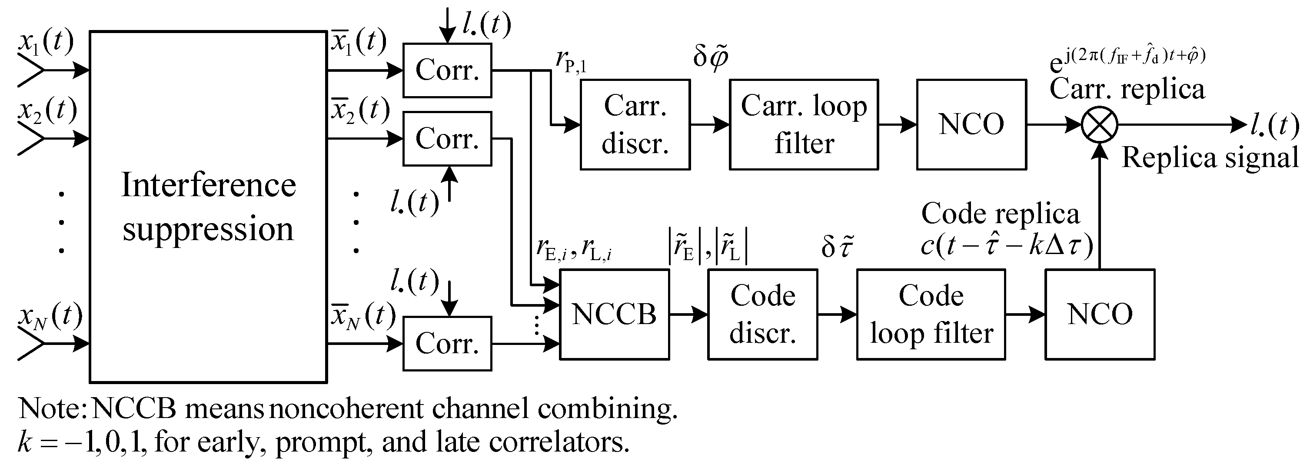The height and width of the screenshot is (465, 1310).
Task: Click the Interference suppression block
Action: (x=208, y=207)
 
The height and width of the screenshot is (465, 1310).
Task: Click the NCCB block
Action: (x=614, y=314)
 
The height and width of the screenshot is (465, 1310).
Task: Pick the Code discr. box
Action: (x=763, y=314)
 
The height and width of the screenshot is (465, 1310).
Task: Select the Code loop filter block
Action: (x=931, y=314)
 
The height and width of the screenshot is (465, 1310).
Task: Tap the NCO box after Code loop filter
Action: (x=1100, y=314)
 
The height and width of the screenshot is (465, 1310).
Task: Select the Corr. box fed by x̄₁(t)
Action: (x=447, y=70)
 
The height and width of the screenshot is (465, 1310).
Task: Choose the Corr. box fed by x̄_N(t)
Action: (x=447, y=343)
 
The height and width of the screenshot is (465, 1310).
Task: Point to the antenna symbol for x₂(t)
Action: (x=30, y=138)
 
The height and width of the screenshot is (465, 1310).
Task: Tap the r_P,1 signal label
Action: (x=571, y=60)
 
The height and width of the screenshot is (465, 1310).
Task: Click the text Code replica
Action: (x=1000, y=214)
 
